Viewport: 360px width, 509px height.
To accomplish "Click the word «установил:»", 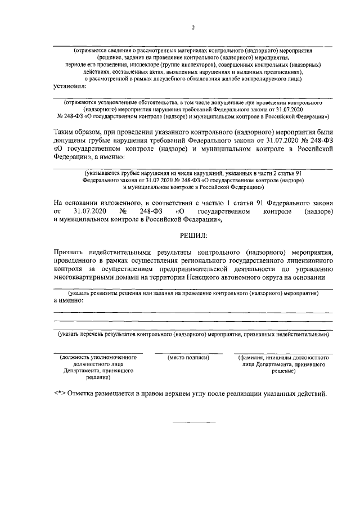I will tap(70, 87).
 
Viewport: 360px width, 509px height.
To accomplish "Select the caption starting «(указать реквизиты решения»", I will tap(193, 294).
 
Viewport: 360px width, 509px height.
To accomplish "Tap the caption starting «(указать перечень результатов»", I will tap(193, 334).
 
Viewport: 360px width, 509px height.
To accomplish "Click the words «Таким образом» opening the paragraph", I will tap(76, 132).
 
